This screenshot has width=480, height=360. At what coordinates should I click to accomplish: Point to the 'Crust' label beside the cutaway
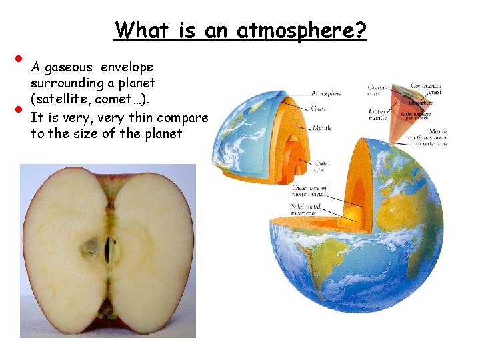coord(318,109)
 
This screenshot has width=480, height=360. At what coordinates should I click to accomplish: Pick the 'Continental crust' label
coord(427,89)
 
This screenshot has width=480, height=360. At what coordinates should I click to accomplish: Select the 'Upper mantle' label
coord(377,115)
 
